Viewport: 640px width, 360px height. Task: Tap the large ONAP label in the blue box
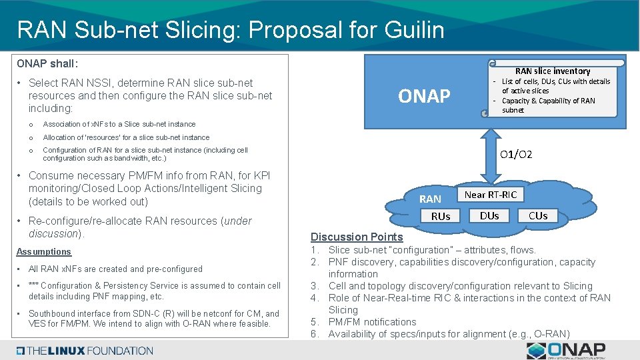click(x=424, y=97)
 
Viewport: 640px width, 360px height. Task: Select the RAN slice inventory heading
click(x=553, y=71)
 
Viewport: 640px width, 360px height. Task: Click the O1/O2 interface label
click(x=516, y=155)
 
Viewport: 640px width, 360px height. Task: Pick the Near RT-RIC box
click(x=490, y=195)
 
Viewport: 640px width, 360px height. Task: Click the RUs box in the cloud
click(x=441, y=216)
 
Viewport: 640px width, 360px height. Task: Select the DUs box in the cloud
click(x=490, y=215)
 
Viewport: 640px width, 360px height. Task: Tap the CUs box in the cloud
click(x=538, y=215)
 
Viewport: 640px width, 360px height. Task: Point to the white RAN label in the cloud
click(x=430, y=199)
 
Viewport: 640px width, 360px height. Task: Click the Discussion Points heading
click(x=357, y=237)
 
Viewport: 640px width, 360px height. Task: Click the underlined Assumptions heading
click(x=44, y=252)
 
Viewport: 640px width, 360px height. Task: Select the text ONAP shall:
click(x=47, y=64)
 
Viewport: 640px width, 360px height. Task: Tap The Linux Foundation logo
click(x=85, y=351)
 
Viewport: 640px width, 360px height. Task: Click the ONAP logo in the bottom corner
click(x=566, y=350)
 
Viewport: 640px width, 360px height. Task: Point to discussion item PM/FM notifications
click(x=372, y=322)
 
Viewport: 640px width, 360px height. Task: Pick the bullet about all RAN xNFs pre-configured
click(x=115, y=269)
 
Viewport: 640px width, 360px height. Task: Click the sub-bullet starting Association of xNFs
click(x=119, y=124)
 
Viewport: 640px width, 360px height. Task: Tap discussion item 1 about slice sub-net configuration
click(x=432, y=250)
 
